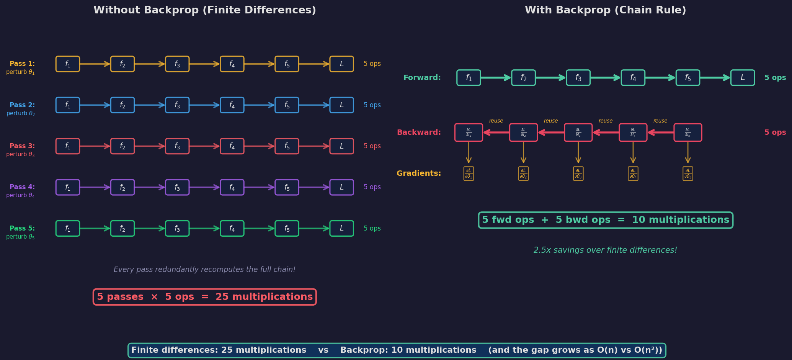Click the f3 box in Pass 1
tap(177, 64)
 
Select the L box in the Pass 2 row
tap(341, 105)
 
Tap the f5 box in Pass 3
tap(287, 146)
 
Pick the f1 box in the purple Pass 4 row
tap(68, 187)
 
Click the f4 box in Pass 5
tap(232, 228)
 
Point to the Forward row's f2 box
tap(523, 78)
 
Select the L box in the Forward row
tap(743, 78)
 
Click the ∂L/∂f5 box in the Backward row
tap(688, 133)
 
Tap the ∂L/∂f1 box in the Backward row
tap(469, 133)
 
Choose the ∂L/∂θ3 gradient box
tap(578, 173)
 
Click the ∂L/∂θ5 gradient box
tap(688, 173)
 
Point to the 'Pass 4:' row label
tap(22, 187)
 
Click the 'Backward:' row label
tap(419, 133)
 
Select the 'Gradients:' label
tap(419, 173)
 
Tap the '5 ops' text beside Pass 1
tap(372, 64)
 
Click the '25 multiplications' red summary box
tap(205, 297)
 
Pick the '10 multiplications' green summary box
tap(606, 220)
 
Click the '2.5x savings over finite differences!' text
tap(605, 250)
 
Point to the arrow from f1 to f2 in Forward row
tap(496, 78)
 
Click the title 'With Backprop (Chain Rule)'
tap(605, 10)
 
